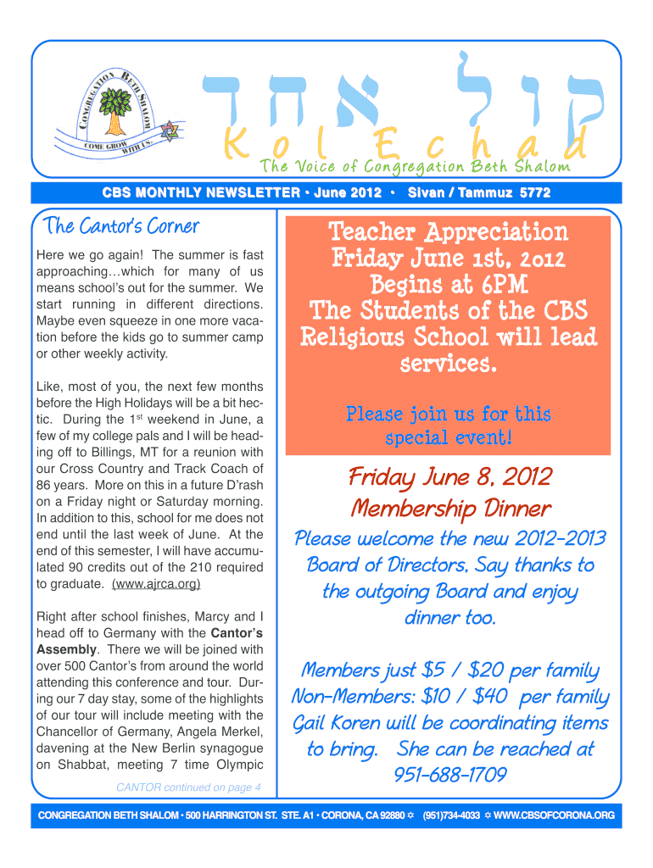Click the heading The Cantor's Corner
[122, 226]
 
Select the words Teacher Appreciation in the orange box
[449, 232]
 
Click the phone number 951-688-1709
[450, 776]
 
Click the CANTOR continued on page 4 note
[187, 788]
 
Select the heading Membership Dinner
[450, 509]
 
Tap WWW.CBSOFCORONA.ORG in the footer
[554, 815]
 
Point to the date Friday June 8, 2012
[449, 478]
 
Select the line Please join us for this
[449, 415]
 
